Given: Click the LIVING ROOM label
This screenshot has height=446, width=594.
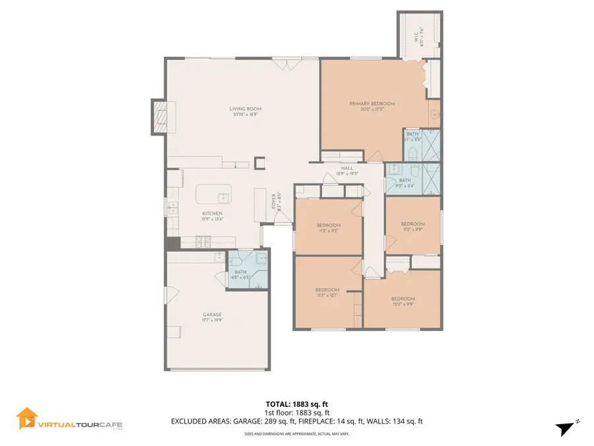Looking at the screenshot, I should (x=246, y=110).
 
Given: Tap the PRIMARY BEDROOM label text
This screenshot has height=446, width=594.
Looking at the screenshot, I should (x=372, y=104).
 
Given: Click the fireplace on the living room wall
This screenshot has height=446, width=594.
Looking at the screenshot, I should (x=159, y=117).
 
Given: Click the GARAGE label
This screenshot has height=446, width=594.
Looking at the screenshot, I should (x=212, y=315).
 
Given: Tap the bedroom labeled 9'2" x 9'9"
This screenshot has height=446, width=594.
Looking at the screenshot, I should (x=412, y=225).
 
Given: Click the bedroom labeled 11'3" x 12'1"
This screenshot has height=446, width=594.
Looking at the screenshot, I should (x=327, y=291).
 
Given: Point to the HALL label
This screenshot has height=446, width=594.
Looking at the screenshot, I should (x=347, y=169).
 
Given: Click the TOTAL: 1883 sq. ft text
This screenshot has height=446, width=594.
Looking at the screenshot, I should (x=296, y=403).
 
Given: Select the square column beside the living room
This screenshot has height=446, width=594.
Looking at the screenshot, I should (x=259, y=161).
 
